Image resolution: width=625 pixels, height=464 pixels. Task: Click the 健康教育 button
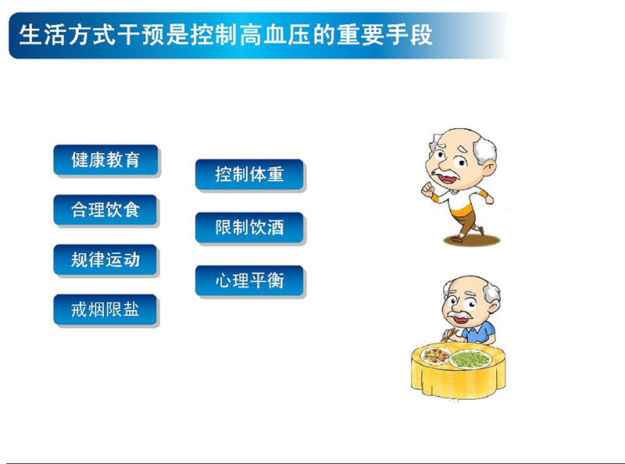tap(105, 160)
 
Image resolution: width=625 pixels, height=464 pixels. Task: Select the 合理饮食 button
tap(105, 210)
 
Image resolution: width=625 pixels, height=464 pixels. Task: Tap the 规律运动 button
tap(105, 259)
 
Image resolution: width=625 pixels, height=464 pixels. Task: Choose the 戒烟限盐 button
tap(105, 309)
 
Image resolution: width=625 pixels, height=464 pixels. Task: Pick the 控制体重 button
tap(249, 174)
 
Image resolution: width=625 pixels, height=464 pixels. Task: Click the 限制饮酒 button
tap(249, 227)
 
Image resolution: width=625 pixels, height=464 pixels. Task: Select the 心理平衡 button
tap(249, 280)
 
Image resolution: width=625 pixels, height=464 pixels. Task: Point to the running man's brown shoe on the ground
tap(457, 239)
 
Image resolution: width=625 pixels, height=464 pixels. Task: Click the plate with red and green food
tap(435, 355)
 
